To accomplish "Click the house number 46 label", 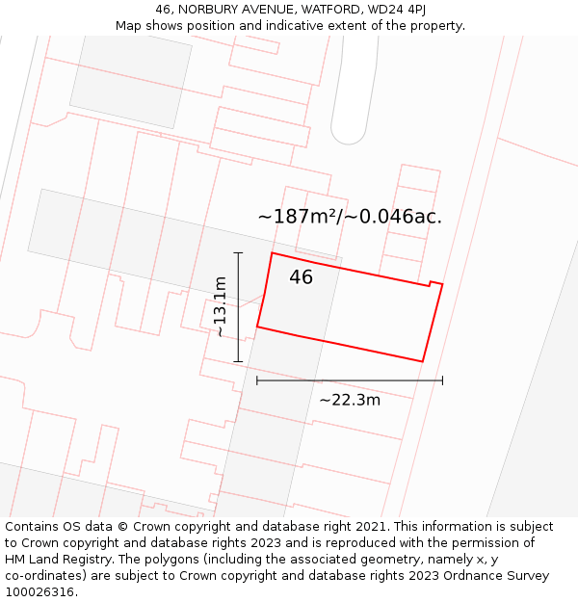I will pos(301,277).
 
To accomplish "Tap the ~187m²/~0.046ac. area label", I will pos(350,217).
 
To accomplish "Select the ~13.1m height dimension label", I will pos(221,306).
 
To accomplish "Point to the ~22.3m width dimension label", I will pos(350,400).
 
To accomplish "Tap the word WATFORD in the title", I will pos(323,10).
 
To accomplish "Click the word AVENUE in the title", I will pos(263,10).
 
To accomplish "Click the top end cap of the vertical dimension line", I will pos(238,253).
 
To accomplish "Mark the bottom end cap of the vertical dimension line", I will pos(238,362).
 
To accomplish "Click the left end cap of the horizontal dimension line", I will pos(257,380).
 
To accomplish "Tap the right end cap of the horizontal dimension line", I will pos(442,380).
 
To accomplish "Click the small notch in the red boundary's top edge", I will pos(430,283).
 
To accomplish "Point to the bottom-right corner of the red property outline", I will pos(423,361).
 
